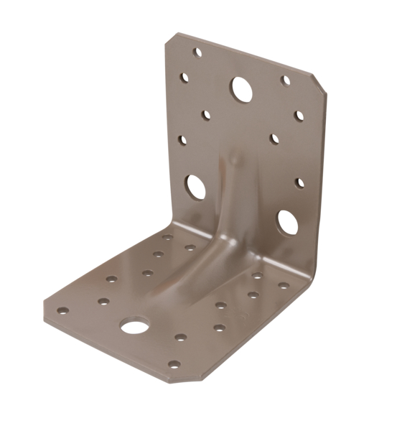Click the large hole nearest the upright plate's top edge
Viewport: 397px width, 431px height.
tap(240, 89)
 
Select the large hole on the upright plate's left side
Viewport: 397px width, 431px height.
tap(195, 187)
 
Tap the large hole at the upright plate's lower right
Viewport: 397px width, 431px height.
tap(287, 223)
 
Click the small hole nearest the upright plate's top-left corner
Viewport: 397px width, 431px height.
tap(197, 52)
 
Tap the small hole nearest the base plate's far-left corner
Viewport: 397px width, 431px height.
tap(63, 311)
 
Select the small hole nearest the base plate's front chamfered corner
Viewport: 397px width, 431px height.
tap(174, 363)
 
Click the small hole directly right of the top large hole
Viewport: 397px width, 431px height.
tap(286, 80)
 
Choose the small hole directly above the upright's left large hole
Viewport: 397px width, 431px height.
tap(183, 140)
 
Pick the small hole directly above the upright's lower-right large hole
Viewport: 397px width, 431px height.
tap(299, 182)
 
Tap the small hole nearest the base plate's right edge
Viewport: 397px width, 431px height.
tap(284, 285)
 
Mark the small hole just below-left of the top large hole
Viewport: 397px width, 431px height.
tap(207, 115)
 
